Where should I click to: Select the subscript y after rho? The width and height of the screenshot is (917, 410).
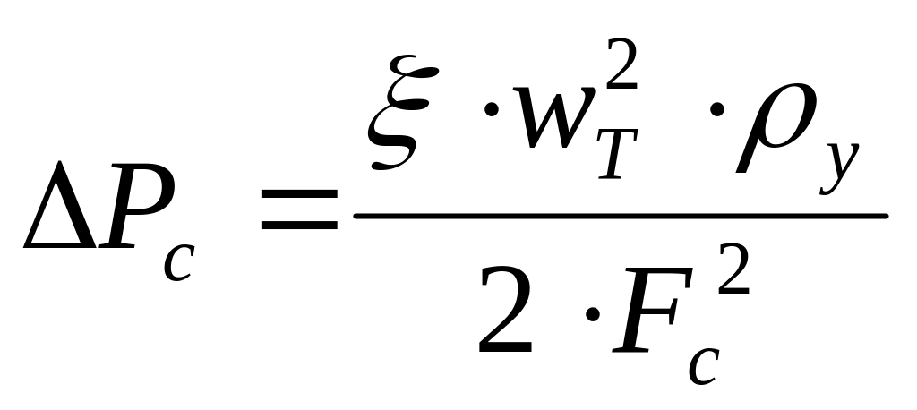tap(836, 170)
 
